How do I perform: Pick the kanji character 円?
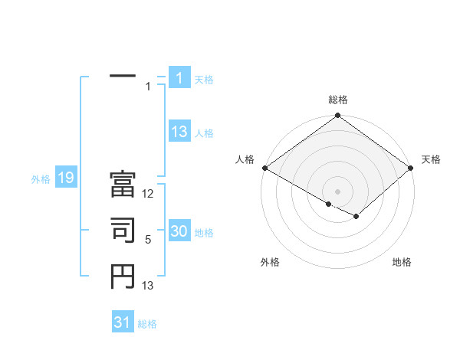tap(123, 277)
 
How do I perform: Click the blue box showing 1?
tap(179, 77)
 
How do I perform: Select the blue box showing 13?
tap(179, 132)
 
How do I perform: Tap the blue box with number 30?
tap(179, 231)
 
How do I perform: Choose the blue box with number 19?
tap(66, 178)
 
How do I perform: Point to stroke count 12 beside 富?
tap(149, 194)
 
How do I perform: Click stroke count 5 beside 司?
tap(148, 240)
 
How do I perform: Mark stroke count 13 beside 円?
tap(149, 286)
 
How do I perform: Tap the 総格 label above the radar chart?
tap(338, 100)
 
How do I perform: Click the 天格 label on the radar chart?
tap(431, 159)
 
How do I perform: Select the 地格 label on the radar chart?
tap(402, 262)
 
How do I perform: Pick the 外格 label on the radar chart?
tap(270, 262)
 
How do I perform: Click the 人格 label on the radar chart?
tap(245, 159)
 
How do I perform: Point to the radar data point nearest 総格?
tap(338, 116)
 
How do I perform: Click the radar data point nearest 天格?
tap(412, 168)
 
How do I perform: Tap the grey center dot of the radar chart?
tap(338, 191)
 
